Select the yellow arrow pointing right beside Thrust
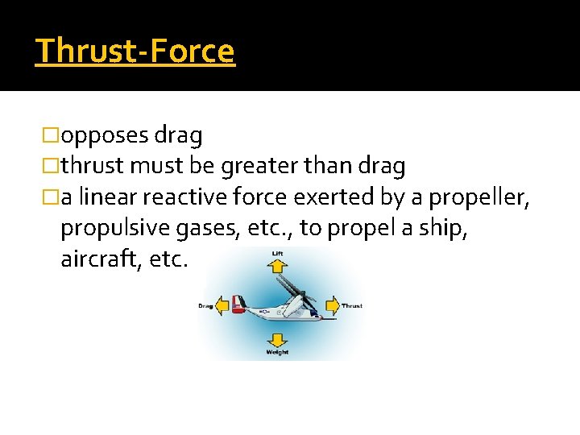[332, 306]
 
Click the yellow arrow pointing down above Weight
[277, 339]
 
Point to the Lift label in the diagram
[276, 255]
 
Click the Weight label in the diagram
[277, 353]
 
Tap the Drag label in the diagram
[206, 306]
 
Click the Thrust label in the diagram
[352, 306]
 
